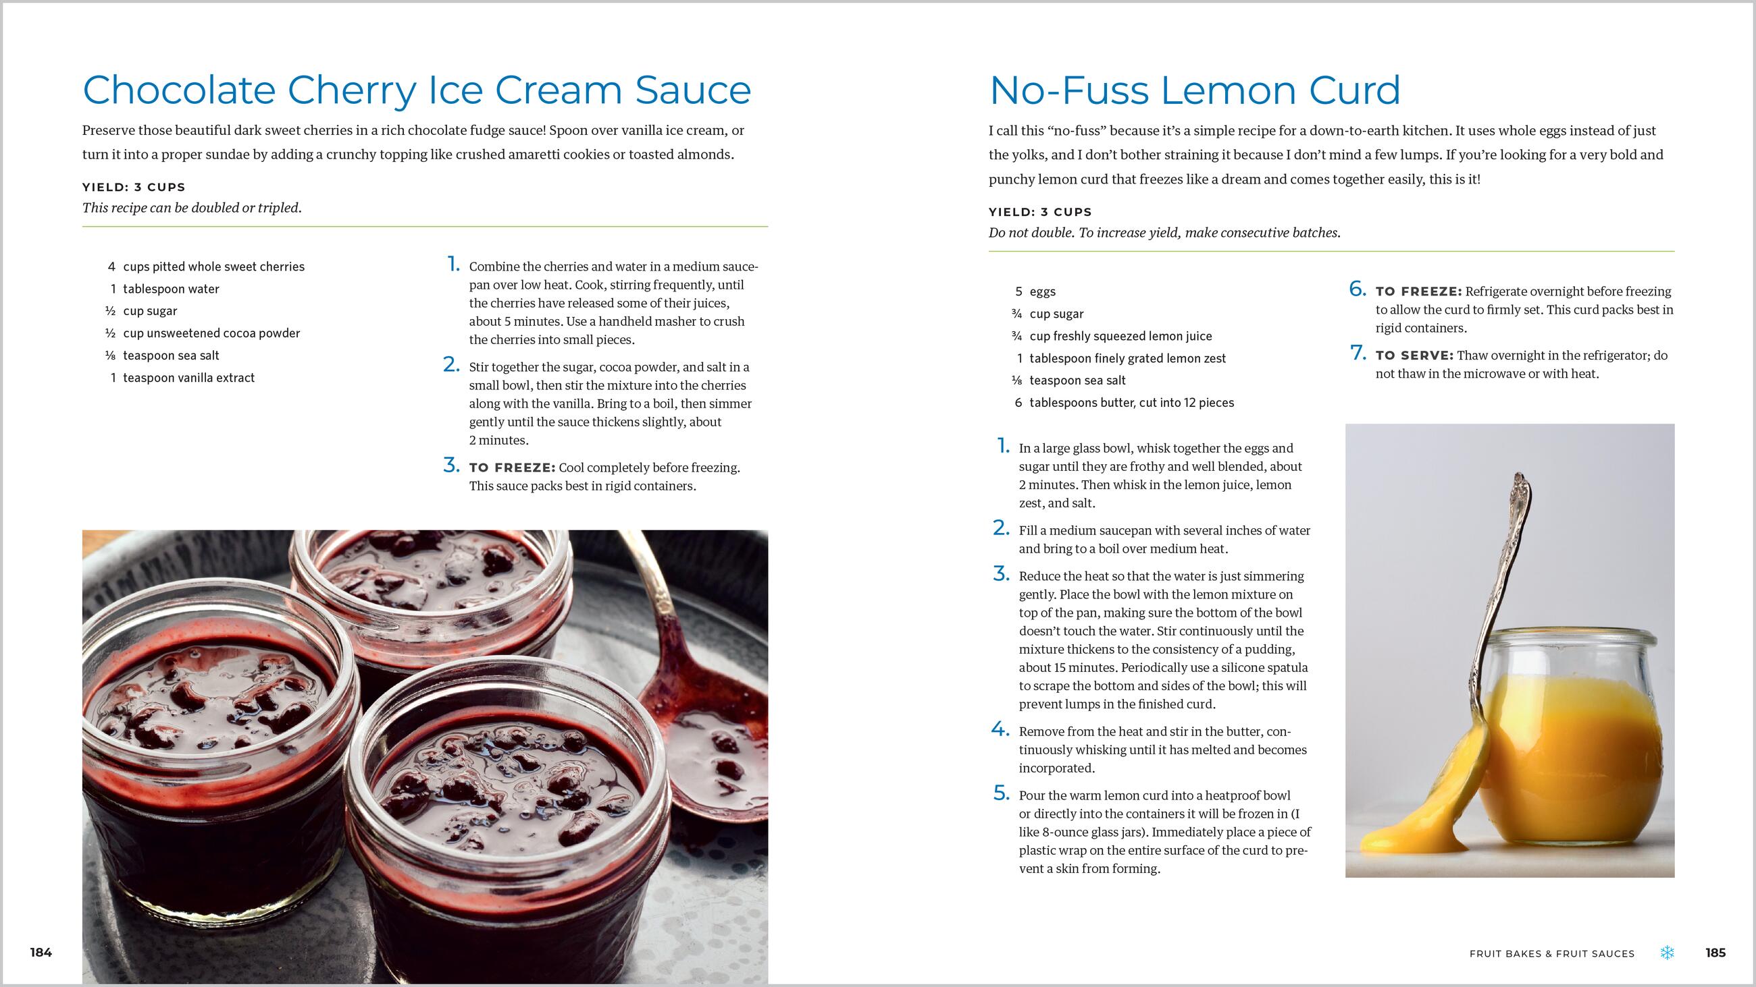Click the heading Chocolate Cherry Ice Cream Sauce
(417, 90)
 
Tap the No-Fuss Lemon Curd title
(1194, 90)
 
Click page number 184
(41, 953)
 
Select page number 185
(1715, 953)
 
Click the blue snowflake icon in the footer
(1668, 953)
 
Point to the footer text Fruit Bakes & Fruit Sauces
(1552, 954)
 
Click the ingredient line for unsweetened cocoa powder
(203, 333)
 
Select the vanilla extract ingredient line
(182, 377)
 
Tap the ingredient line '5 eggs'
(1035, 291)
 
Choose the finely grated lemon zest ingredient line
(1120, 358)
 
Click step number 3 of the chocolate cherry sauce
(451, 466)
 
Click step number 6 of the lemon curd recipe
(1358, 289)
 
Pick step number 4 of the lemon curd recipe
(1000, 729)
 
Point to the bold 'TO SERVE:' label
(1414, 356)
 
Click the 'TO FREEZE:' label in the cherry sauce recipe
(512, 468)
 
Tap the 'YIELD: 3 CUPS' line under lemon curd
(1040, 212)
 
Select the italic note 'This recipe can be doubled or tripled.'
(192, 208)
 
